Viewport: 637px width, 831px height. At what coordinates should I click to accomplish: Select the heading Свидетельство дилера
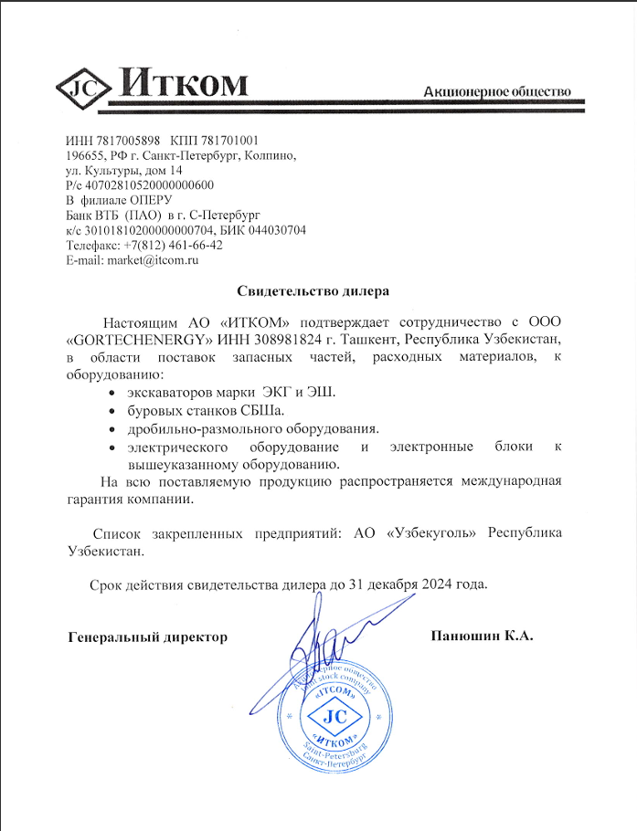pyautogui.click(x=313, y=291)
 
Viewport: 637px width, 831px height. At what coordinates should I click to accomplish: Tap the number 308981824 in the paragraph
pyautogui.click(x=298, y=340)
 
